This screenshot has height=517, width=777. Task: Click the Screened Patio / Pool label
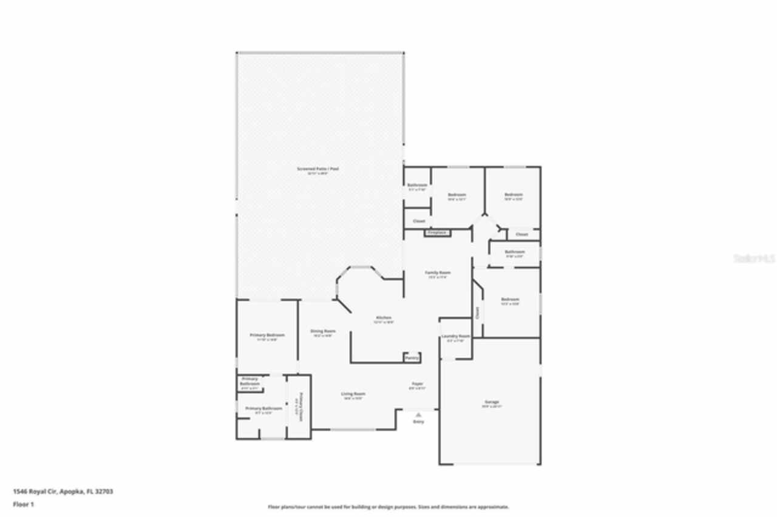(317, 169)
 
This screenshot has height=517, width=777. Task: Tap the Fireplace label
(437, 232)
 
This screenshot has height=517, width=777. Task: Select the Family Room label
(437, 273)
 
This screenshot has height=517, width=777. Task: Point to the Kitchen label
(384, 318)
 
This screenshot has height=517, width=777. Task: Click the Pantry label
(412, 358)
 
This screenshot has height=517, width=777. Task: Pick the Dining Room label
(322, 331)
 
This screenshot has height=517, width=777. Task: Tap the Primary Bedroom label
(267, 335)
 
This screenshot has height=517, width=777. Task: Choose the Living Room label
(353, 394)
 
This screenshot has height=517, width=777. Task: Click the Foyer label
(417, 384)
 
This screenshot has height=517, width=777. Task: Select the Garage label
(491, 402)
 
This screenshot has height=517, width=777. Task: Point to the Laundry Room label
(455, 336)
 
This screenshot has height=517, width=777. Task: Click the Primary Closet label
(299, 406)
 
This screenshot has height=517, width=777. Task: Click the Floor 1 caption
(24, 504)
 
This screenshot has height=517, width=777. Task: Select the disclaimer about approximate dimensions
(388, 507)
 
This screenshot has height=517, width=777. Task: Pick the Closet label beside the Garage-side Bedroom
(477, 313)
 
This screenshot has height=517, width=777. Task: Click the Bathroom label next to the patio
(417, 185)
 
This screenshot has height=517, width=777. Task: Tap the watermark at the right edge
(755, 258)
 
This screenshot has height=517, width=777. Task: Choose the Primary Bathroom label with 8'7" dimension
(264, 409)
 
